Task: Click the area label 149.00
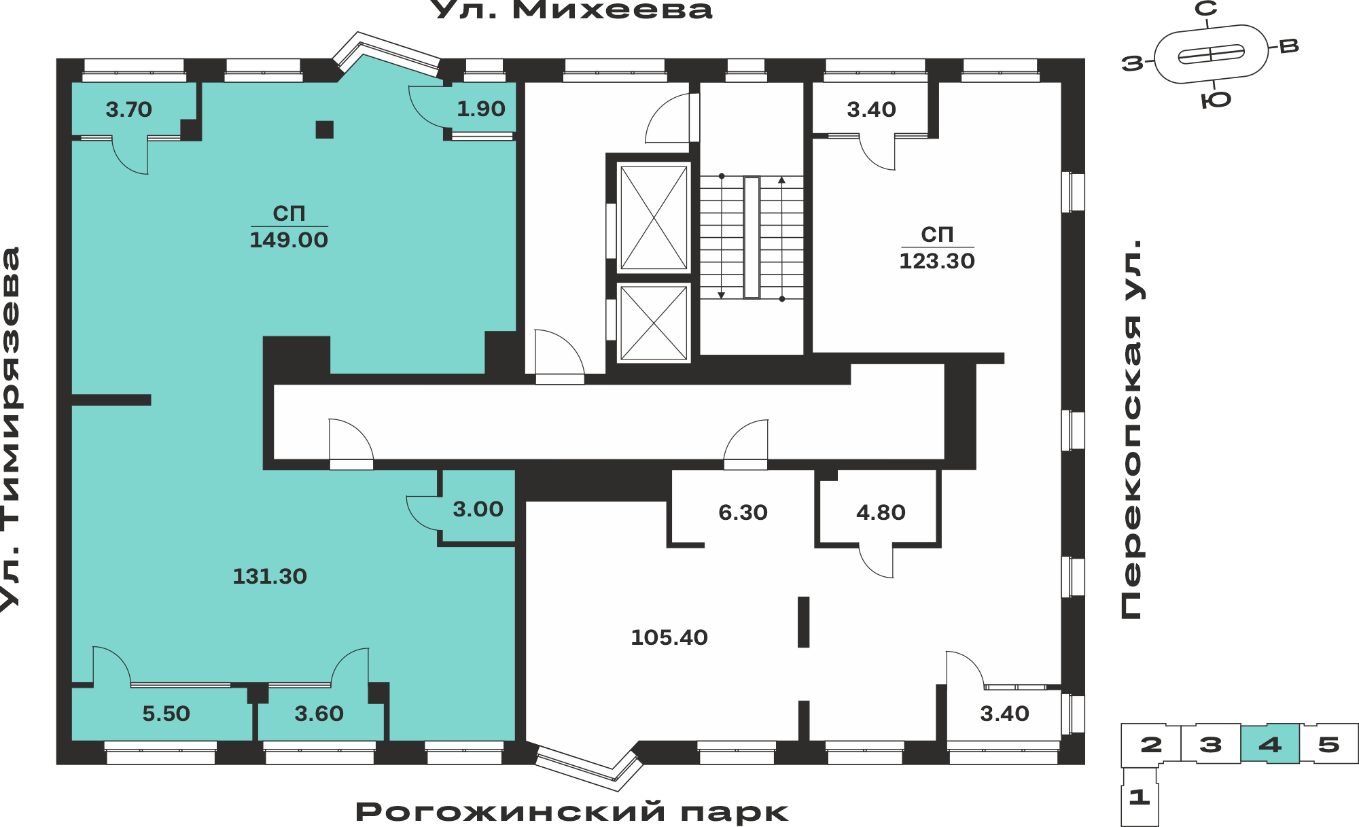click(x=289, y=240)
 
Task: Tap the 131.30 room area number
click(x=270, y=576)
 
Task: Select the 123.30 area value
click(x=937, y=261)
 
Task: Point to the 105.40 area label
click(x=669, y=637)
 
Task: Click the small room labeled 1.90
click(x=481, y=109)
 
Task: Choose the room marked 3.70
click(x=129, y=109)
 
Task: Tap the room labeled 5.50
click(x=162, y=714)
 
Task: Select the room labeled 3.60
click(x=319, y=714)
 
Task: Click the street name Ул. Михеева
click(x=572, y=10)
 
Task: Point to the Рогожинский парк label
click(x=572, y=812)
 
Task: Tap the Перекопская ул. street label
click(x=1132, y=429)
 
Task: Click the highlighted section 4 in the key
click(x=1270, y=744)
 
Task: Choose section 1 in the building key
click(x=1140, y=796)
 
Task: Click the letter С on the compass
click(x=1206, y=9)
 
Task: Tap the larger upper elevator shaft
click(x=654, y=217)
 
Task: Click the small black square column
click(x=325, y=129)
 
